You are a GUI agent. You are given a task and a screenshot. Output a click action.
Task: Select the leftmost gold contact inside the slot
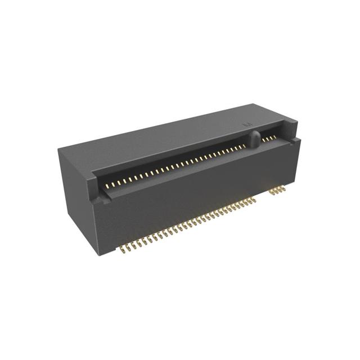(109, 186)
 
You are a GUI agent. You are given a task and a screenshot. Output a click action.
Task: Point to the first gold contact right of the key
(263, 139)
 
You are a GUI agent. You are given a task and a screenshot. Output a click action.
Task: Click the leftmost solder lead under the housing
(120, 247)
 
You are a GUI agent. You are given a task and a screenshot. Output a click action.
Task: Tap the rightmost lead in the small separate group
(286, 189)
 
